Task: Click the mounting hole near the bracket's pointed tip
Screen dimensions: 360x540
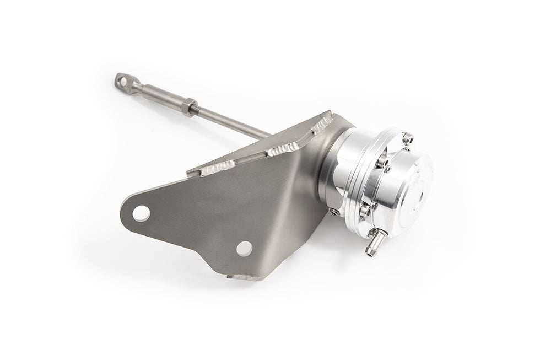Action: coord(141,213)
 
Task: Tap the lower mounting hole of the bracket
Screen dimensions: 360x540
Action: coord(244,248)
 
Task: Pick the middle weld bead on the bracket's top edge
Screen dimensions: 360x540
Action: coord(283,148)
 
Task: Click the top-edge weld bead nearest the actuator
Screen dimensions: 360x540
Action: coord(322,123)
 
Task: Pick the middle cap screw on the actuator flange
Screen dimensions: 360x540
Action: coord(382,161)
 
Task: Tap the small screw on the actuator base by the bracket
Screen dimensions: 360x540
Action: coord(334,212)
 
